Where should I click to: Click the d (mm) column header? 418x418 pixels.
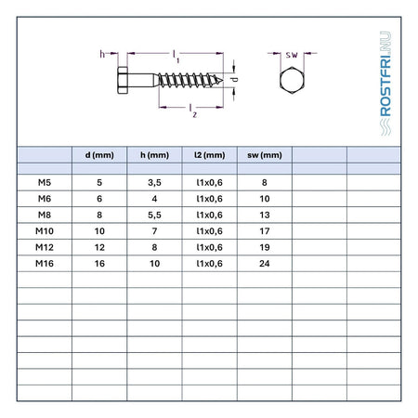point(99,155)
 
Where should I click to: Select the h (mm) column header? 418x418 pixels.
point(154,155)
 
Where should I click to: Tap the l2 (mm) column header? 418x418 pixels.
point(210,155)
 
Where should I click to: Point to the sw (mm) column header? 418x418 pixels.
point(265,155)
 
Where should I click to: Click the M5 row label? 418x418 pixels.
point(45,183)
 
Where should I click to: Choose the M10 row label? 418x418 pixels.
point(45,231)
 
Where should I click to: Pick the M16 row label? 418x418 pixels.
point(45,264)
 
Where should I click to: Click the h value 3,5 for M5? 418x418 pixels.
point(154,183)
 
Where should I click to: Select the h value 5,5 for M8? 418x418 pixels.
point(154,216)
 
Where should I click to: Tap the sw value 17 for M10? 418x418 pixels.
point(265,231)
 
